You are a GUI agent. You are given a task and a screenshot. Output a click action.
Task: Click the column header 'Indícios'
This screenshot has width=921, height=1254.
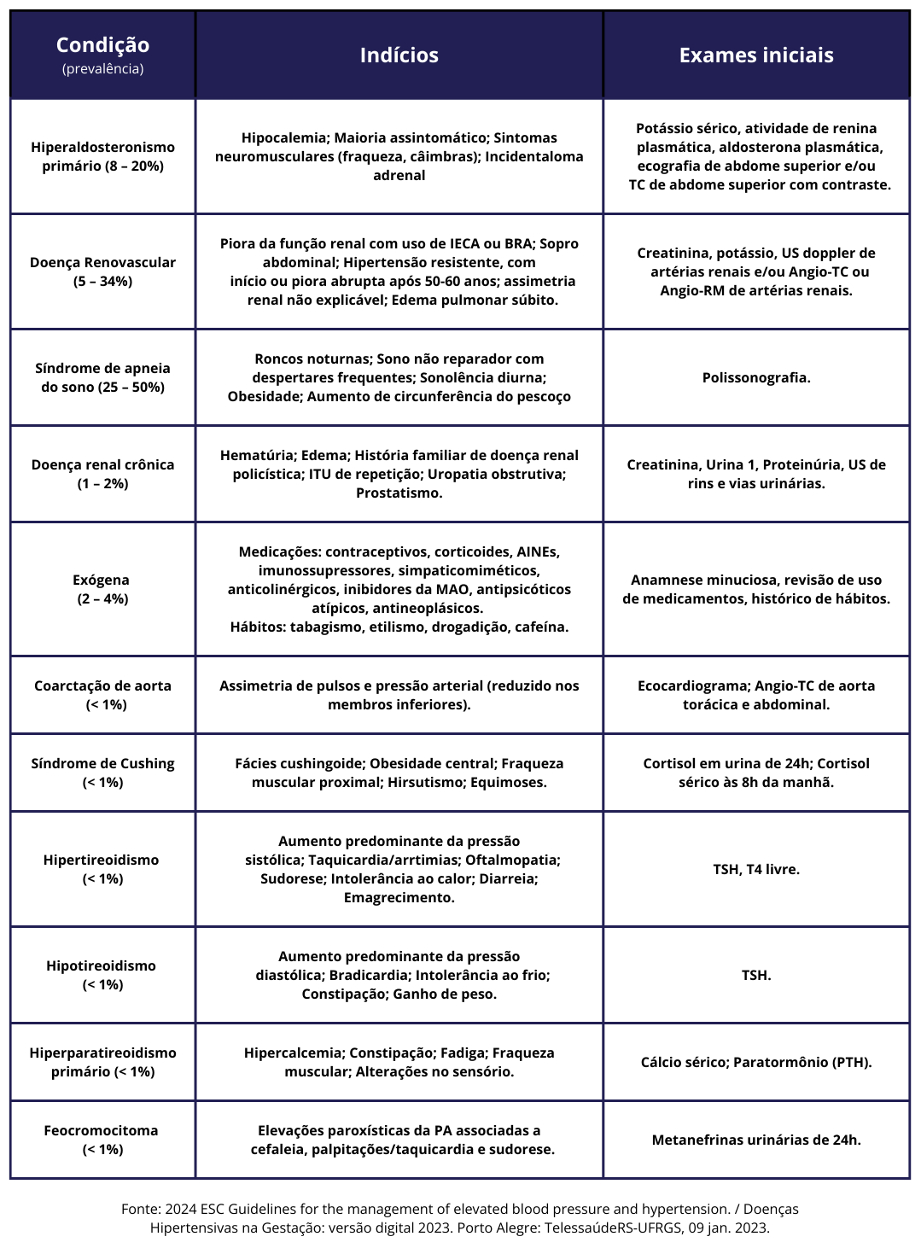coord(399,55)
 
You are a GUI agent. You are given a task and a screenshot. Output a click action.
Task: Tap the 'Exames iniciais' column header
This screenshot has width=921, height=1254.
coord(755,55)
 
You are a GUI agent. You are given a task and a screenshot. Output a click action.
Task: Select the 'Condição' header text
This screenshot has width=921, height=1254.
coord(102,45)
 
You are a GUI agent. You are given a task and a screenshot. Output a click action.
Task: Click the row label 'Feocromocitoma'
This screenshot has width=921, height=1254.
coord(102,1130)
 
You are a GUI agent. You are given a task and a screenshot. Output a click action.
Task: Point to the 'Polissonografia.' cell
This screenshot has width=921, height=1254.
coord(755,377)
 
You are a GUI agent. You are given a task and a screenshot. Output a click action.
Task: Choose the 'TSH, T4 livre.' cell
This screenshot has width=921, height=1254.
coord(755,869)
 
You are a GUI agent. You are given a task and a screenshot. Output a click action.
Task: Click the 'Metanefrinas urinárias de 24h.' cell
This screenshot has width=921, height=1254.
coord(755,1140)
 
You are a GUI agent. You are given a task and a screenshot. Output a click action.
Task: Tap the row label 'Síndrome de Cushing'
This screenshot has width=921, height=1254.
coord(102,763)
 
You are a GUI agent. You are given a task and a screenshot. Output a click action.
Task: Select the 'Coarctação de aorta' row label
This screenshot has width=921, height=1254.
coord(102,685)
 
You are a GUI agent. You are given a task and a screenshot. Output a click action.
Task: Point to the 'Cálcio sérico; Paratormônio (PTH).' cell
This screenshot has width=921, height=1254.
coord(755,1062)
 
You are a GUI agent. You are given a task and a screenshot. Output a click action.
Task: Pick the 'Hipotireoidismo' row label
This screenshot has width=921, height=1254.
coord(102,965)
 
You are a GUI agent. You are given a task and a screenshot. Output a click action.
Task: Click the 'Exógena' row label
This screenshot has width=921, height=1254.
coord(101,580)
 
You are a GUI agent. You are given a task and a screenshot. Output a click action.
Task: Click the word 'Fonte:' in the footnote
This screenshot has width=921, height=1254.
coord(141,1209)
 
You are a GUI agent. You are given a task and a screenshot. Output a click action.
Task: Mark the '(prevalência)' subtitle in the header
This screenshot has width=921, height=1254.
coord(102,69)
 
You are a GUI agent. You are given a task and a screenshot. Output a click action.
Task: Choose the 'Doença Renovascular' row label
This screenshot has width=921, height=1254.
coord(102,262)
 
